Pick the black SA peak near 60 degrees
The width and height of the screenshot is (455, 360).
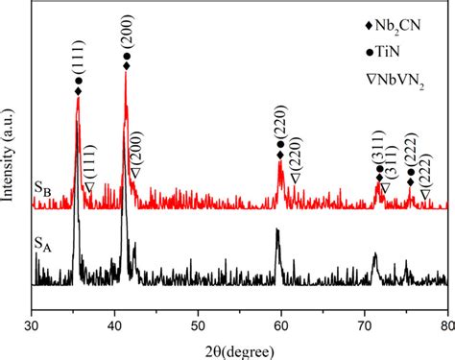click(277, 230)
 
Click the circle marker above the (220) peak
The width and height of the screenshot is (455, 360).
click(281, 145)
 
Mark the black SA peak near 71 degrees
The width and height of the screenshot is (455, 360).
click(374, 254)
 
